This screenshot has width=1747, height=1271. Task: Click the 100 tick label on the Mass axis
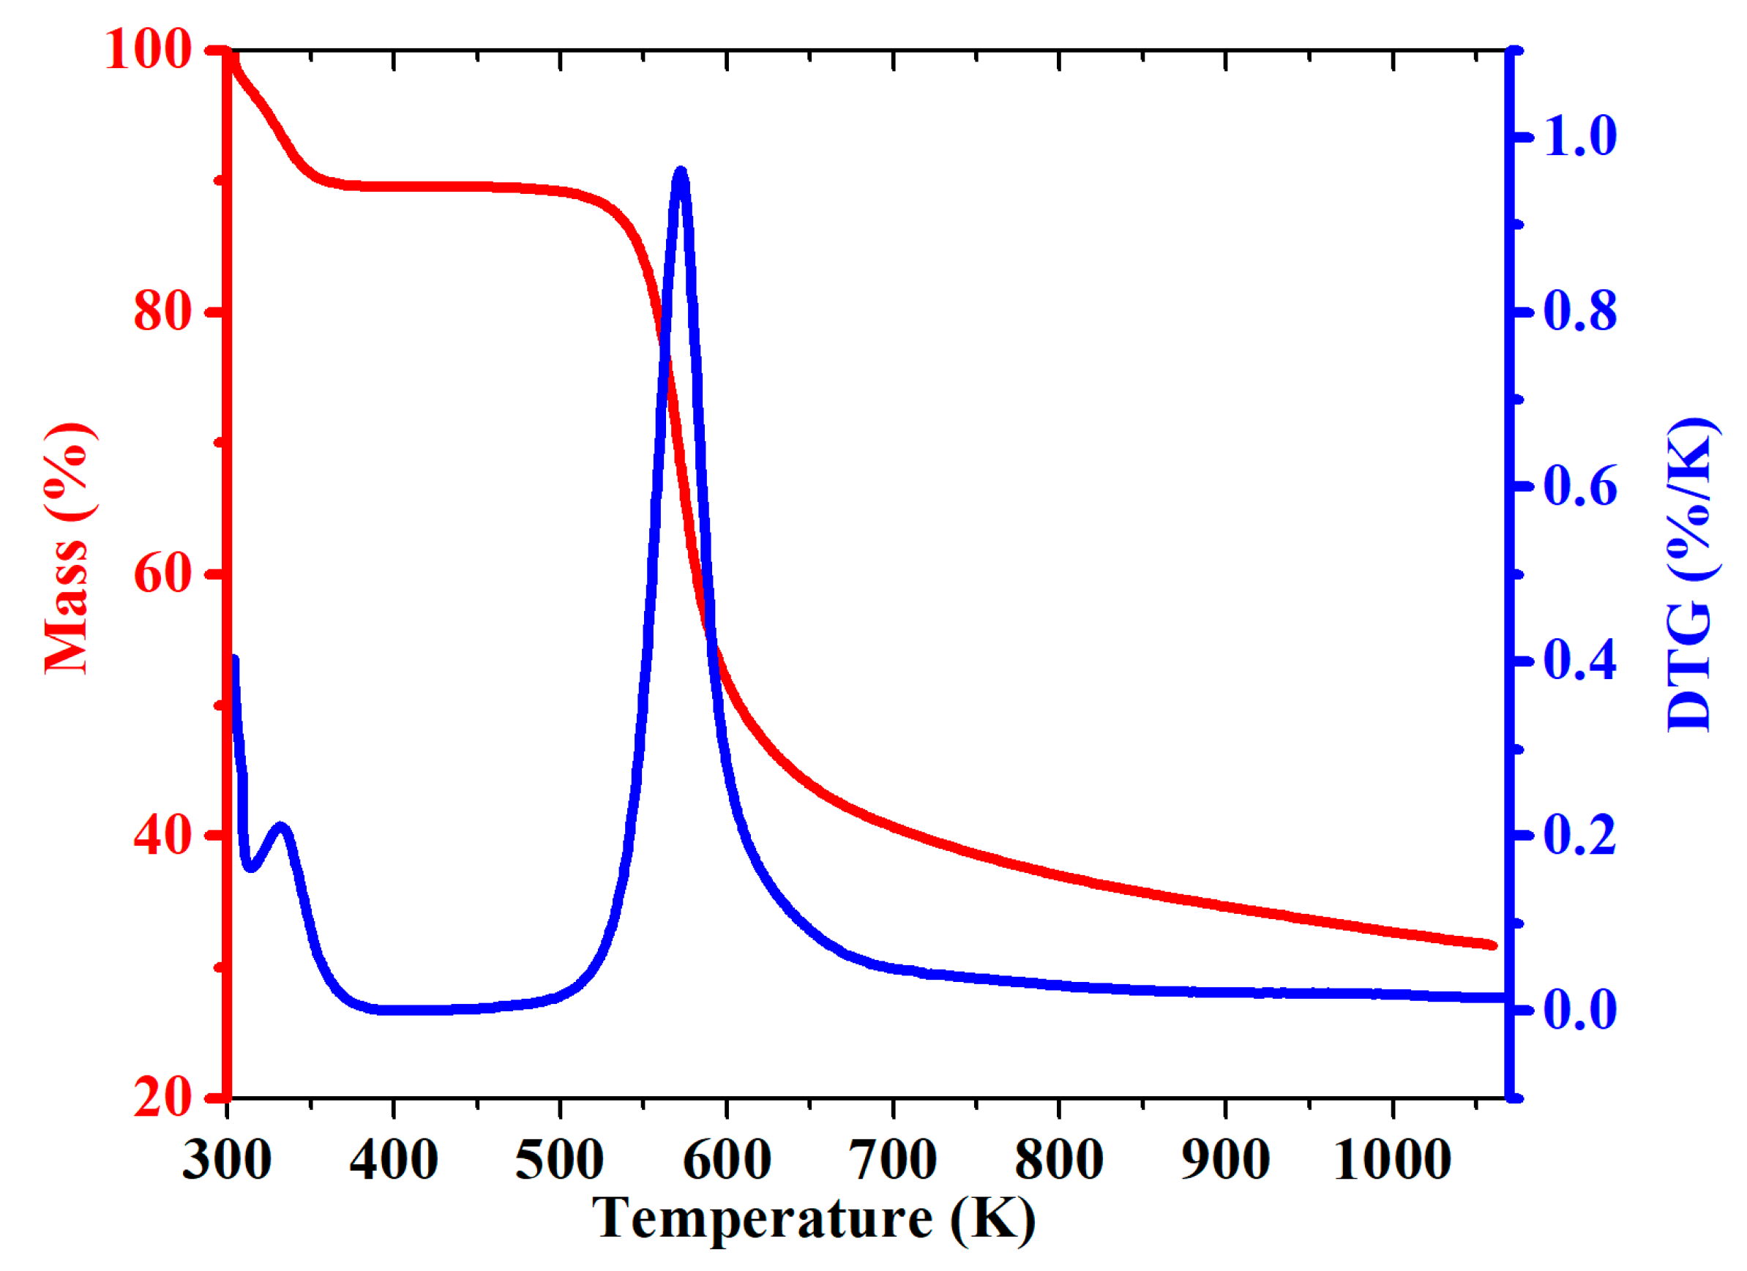[148, 50]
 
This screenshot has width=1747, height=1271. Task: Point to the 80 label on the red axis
[162, 312]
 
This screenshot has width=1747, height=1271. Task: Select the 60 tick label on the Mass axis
[162, 574]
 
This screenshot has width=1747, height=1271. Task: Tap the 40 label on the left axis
[162, 836]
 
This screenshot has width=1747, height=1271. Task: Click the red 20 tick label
[162, 1098]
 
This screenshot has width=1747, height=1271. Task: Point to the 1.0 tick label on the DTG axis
[1581, 137]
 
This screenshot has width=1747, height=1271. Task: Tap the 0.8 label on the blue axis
[1581, 312]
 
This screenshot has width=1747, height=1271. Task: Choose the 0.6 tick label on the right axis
[1581, 487]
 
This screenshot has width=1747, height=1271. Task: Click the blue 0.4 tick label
[1581, 661]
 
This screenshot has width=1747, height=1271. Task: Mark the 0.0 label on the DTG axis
[1581, 1010]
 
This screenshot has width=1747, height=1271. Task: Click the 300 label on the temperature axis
[227, 1160]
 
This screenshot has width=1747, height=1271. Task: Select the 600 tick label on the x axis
[726, 1160]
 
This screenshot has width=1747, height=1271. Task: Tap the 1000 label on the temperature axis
[1392, 1160]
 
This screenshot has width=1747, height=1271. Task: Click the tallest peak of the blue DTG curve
[680, 172]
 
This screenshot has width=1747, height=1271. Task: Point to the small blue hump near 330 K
[282, 828]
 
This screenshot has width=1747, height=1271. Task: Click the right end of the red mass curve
[1493, 945]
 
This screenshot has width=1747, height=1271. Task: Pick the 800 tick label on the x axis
[1059, 1160]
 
